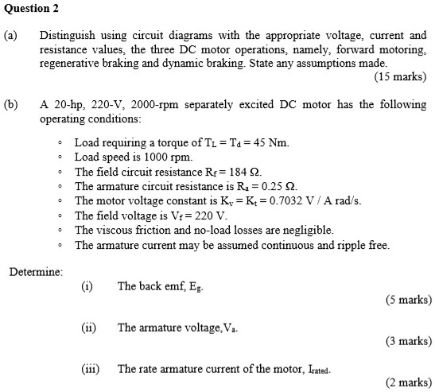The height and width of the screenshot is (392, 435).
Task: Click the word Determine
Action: [36, 272]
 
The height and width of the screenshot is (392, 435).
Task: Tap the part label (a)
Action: [14, 36]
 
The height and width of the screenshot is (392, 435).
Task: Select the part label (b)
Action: [14, 105]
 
